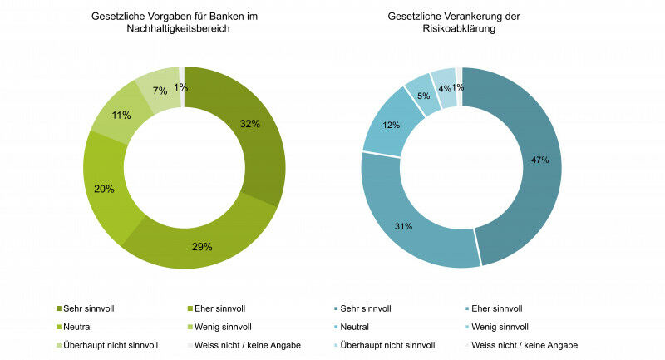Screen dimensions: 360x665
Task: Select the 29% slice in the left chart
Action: (204, 246)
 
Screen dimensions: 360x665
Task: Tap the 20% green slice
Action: (106, 189)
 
